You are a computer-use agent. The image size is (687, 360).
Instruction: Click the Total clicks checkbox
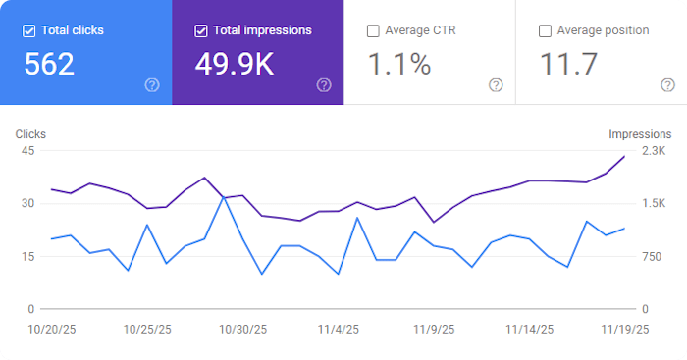point(29,30)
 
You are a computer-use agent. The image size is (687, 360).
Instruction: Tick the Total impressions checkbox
point(201,30)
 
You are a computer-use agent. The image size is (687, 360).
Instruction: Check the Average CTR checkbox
point(373,30)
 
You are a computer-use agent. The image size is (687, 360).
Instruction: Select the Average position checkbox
point(545,30)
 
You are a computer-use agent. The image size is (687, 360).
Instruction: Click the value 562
point(49,65)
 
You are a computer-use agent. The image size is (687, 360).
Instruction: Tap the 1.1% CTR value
point(398,65)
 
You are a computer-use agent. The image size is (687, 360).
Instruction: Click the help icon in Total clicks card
point(152,85)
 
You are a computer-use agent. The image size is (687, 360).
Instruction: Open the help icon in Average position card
point(667,85)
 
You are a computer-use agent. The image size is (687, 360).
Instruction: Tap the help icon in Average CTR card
point(496,85)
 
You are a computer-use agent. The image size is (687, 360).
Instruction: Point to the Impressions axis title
point(640,134)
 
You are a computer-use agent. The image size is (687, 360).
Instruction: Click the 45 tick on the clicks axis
point(27,151)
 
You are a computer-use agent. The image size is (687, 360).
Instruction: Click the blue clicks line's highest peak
point(225,197)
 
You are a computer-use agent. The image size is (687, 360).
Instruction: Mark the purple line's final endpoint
point(624,157)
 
